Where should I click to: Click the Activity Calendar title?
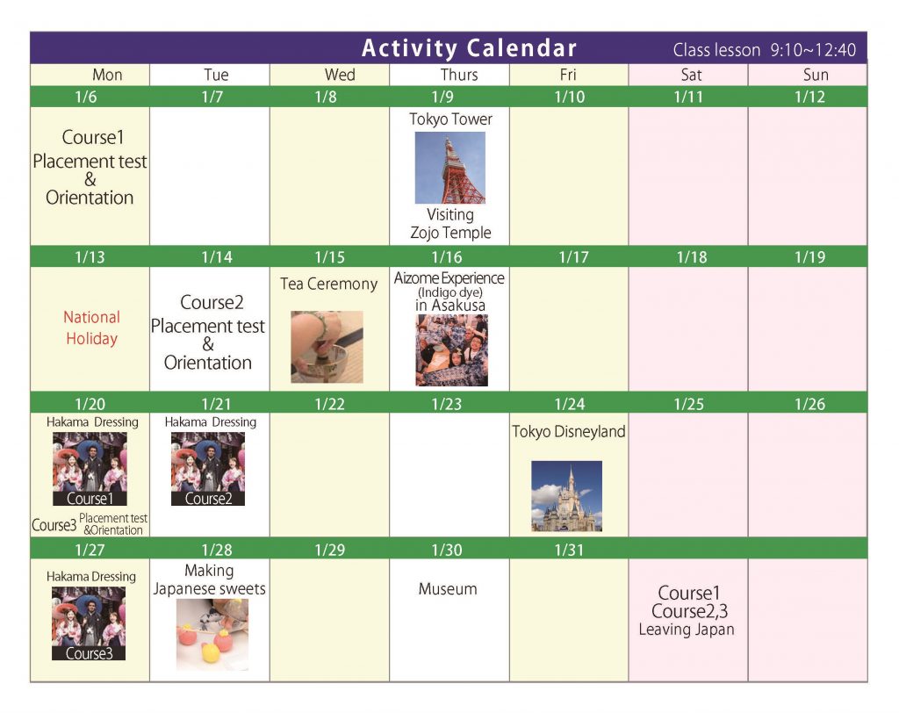[x=469, y=48]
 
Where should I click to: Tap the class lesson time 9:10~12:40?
[x=813, y=50]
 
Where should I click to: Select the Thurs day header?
[x=458, y=75]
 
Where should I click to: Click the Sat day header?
[x=691, y=75]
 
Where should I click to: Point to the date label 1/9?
[x=442, y=97]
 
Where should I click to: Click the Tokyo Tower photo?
[x=450, y=168]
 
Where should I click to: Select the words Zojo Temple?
[x=450, y=233]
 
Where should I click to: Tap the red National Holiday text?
[x=91, y=328]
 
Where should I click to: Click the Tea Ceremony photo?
[x=327, y=347]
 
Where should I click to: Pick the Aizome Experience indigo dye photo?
[x=452, y=349]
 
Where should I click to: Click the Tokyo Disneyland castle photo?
[x=566, y=496]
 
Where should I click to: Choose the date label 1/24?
[x=569, y=404]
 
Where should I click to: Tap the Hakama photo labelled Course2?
[x=208, y=469]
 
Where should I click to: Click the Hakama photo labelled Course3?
[x=89, y=623]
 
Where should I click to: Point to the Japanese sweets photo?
[x=212, y=635]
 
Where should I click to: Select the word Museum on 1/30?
[x=448, y=588]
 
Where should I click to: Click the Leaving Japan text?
[x=687, y=630]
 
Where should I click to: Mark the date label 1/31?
[x=569, y=550]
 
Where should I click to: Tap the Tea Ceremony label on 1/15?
[x=328, y=284]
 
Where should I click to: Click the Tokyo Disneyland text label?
[x=569, y=431]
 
